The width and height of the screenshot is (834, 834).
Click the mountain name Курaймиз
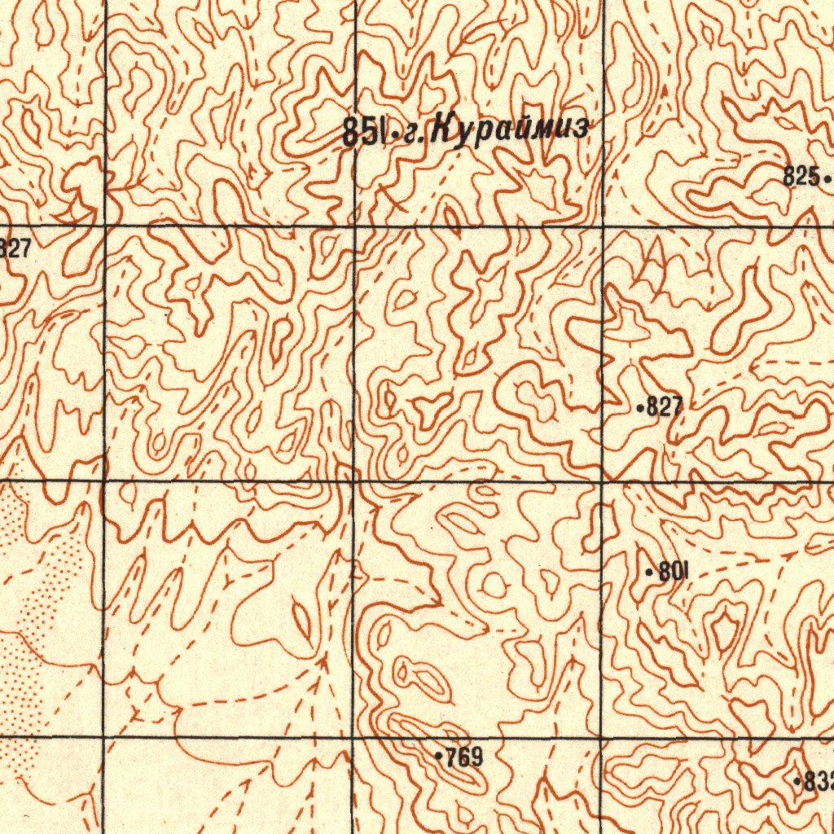509,129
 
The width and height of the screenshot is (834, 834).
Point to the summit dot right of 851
394,133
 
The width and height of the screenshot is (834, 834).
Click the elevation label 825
801,175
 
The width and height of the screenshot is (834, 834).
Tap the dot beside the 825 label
827,177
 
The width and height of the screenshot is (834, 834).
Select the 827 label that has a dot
665,408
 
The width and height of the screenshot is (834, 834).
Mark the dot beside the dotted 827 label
640,406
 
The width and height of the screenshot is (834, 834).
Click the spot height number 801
673,572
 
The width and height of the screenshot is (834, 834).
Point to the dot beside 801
648,573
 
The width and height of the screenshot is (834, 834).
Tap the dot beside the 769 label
439,757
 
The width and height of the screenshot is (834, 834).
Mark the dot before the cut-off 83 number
797,782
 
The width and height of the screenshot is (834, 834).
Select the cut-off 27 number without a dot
15,249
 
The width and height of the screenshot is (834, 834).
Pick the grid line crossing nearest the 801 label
602,482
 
